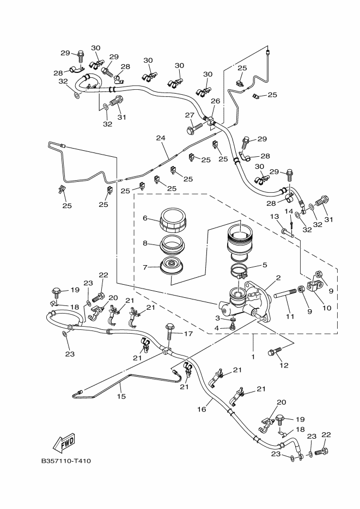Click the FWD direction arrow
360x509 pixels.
click(x=64, y=443)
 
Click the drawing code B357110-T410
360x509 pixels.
click(x=66, y=461)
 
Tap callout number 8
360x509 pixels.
click(x=145, y=243)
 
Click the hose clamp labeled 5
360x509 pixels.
click(x=241, y=272)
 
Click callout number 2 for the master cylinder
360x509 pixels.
click(x=278, y=278)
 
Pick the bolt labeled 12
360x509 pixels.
click(x=275, y=352)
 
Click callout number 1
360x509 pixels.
click(x=253, y=357)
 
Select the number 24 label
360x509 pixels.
click(x=161, y=138)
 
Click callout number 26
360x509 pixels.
click(x=216, y=101)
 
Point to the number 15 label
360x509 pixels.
click(x=122, y=396)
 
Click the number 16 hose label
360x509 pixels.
click(x=202, y=409)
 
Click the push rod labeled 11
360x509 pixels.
click(x=285, y=294)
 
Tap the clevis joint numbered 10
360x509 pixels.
click(x=315, y=286)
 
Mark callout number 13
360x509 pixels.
click(x=274, y=217)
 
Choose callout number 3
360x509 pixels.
click(x=217, y=318)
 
